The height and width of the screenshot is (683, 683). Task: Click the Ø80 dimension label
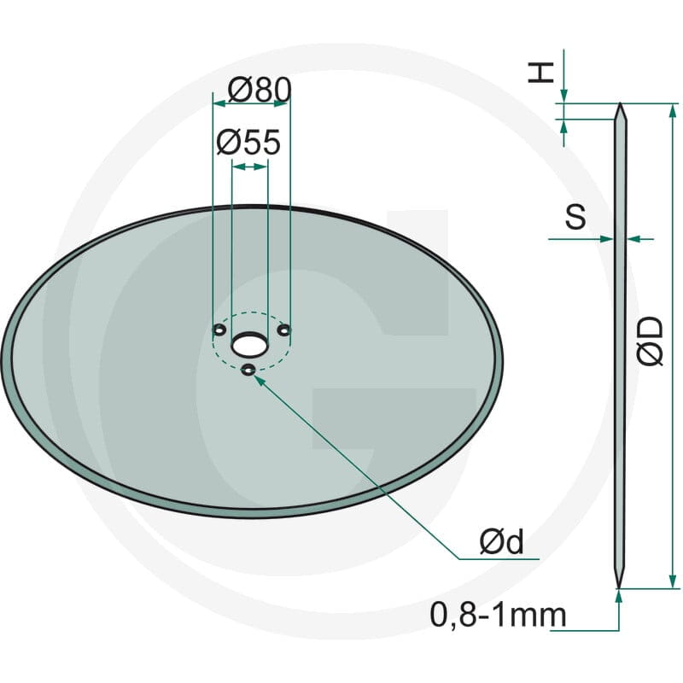tap(260, 90)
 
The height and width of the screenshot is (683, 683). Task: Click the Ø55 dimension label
tap(248, 143)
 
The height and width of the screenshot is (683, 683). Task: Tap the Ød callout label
tap(501, 542)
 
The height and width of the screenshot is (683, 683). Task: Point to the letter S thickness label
tap(575, 217)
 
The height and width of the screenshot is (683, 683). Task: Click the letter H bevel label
tap(540, 73)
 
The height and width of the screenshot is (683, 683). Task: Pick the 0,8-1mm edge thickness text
tap(498, 615)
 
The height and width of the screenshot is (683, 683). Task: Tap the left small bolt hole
tap(219, 330)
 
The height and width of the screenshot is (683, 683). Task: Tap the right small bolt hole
tap(284, 330)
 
